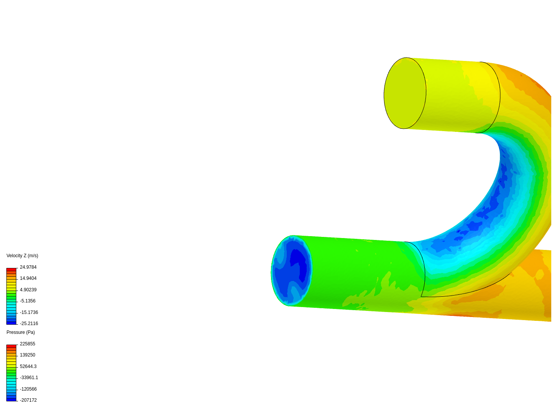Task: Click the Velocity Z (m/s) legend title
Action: point(22,256)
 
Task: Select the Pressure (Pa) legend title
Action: point(21,332)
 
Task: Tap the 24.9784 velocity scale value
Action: point(28,267)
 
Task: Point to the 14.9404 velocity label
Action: point(28,278)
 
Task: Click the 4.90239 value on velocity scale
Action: point(28,290)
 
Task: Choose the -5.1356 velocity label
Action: point(28,301)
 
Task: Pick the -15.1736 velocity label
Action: point(29,312)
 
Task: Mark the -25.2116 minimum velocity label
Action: point(29,324)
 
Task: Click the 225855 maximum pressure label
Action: point(28,344)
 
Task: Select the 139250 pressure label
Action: point(28,355)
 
